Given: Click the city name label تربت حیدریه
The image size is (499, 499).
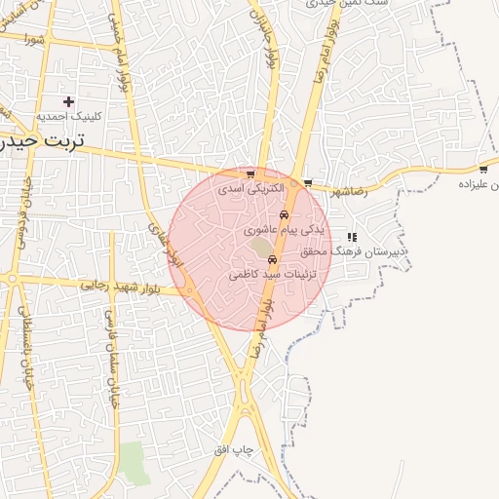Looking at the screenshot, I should tap(43, 140).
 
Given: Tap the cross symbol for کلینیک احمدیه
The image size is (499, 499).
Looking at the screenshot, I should tap(68, 101).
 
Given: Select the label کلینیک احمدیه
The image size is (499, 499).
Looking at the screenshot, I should tap(68, 116).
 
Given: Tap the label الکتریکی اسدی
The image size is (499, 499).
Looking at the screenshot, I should tap(250, 187).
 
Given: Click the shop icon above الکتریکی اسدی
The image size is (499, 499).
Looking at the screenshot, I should tap(250, 174).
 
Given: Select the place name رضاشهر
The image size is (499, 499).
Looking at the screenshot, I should tap(349, 192).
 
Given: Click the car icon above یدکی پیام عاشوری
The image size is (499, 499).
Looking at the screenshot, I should tap(284, 215).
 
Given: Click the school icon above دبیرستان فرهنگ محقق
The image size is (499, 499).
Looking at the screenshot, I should tap(352, 237).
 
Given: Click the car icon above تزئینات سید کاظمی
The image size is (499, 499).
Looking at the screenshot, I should tap(272, 259).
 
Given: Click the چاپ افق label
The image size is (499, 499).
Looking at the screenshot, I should tap(234, 450).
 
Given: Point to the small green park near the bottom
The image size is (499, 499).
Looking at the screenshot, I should tap(134, 462).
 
